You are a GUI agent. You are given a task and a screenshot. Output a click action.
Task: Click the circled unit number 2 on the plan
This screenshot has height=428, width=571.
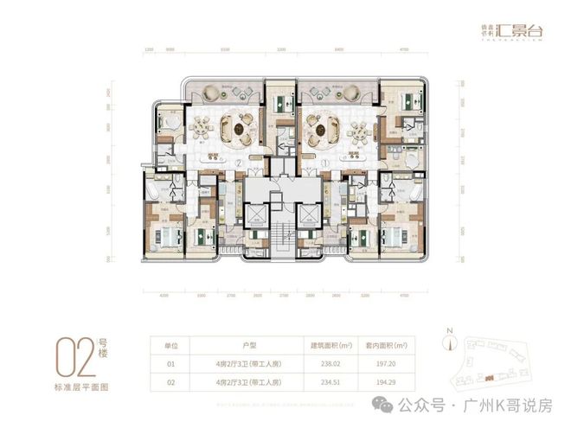coord(237,162)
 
